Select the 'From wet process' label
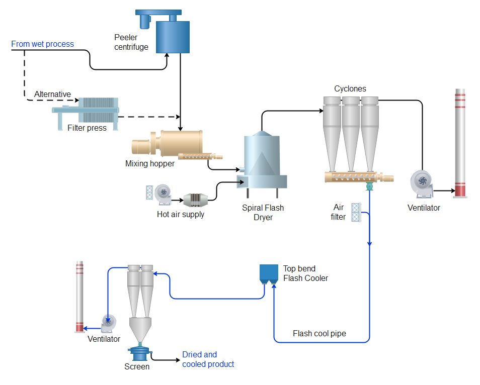pos(42,44)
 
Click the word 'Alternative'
pos(52,94)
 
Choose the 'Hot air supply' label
pos(181,215)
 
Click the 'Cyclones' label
pos(350,89)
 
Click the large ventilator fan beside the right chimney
pos(421,183)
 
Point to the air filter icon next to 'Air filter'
pos(356,212)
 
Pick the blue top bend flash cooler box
pos(269,273)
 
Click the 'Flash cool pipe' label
pos(319,334)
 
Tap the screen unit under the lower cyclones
pos(139,352)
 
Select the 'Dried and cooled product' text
pos(208,359)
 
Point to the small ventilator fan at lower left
pos(108,323)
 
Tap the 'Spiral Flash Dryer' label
pos(263,213)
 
